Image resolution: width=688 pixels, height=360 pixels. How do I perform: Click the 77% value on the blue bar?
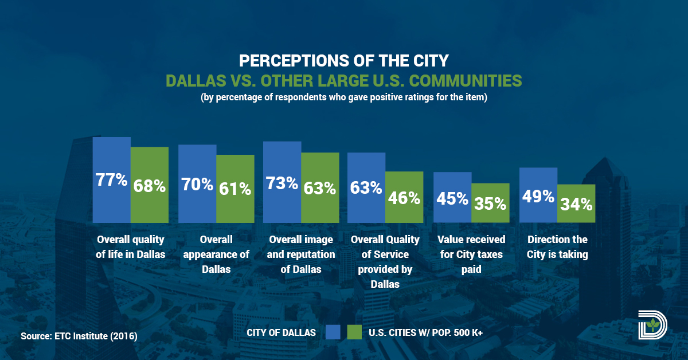pyautogui.click(x=111, y=180)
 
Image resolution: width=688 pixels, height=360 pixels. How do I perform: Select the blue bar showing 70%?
pyautogui.click(x=197, y=184)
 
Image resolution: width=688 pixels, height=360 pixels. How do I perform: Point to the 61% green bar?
pyautogui.click(x=235, y=189)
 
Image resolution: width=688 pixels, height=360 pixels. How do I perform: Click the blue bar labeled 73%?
pyautogui.click(x=282, y=182)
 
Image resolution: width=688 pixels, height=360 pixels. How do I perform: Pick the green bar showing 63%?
pyautogui.click(x=320, y=187)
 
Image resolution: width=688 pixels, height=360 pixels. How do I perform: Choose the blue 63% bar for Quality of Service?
pyautogui.click(x=366, y=187)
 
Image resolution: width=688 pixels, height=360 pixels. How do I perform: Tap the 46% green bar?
pyautogui.click(x=404, y=197)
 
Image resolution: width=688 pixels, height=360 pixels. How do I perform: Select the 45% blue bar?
pyautogui.click(x=452, y=198)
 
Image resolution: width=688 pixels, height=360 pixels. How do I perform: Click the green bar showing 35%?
pyautogui.click(x=490, y=203)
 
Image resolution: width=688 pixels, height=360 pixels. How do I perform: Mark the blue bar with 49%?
pyautogui.click(x=538, y=195)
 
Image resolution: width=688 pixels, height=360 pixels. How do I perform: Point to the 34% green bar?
pyautogui.click(x=576, y=204)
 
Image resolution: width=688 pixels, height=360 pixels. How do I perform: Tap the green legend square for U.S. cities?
pyautogui.click(x=355, y=332)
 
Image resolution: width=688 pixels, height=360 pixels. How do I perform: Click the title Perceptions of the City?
pyautogui.click(x=343, y=61)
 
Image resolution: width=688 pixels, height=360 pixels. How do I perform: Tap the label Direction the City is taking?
pyautogui.click(x=557, y=247)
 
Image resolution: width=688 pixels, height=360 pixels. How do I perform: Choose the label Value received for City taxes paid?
pyautogui.click(x=471, y=255)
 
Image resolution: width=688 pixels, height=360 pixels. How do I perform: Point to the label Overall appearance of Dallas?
pyautogui.click(x=216, y=255)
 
